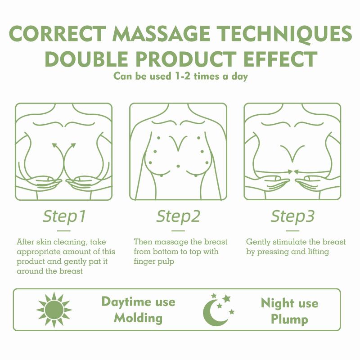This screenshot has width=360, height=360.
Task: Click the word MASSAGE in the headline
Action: coord(161,34)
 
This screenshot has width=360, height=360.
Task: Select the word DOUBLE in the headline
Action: coord(86,59)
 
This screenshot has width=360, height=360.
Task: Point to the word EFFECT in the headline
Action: coord(280,59)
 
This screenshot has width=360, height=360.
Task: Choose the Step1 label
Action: coord(64,216)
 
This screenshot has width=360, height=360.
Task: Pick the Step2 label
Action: coord(178,216)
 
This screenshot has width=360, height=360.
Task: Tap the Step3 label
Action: coord(292,216)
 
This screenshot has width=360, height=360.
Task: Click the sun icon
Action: coord(54,310)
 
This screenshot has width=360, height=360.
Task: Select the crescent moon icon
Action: coord(212,312)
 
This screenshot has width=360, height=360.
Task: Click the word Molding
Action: coord(138,319)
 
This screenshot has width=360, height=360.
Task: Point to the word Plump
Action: coord(289,319)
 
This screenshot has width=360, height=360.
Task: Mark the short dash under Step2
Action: coord(178,231)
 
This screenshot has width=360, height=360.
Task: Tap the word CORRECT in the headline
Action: coord(58,34)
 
